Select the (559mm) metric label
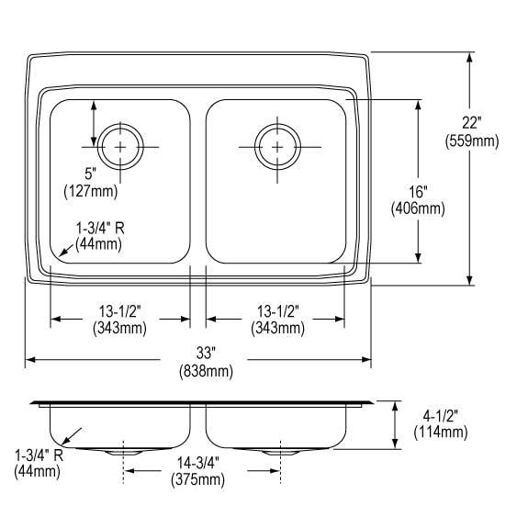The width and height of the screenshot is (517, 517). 471,140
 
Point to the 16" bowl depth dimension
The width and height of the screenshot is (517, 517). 419,192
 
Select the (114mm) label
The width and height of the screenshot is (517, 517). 441,432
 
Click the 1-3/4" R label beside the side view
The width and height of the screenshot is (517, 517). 38,455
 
